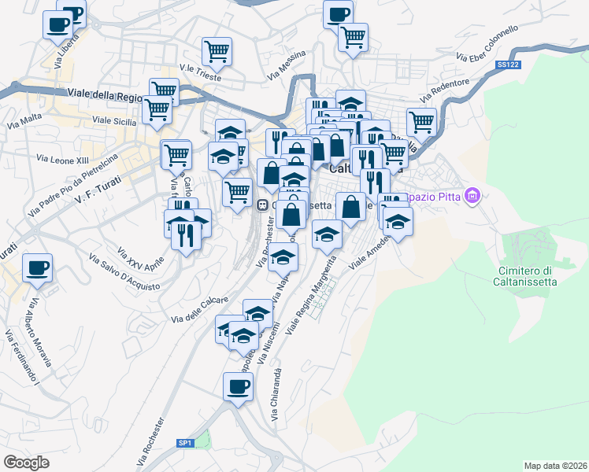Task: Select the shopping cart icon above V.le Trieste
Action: click(217, 51)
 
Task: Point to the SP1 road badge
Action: click(185, 444)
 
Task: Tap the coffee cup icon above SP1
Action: click(238, 386)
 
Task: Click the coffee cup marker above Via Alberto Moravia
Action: click(37, 267)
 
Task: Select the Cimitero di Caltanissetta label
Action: click(526, 277)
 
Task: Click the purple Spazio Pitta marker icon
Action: click(473, 194)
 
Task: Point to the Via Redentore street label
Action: click(446, 90)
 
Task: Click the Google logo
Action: click(26, 462)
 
